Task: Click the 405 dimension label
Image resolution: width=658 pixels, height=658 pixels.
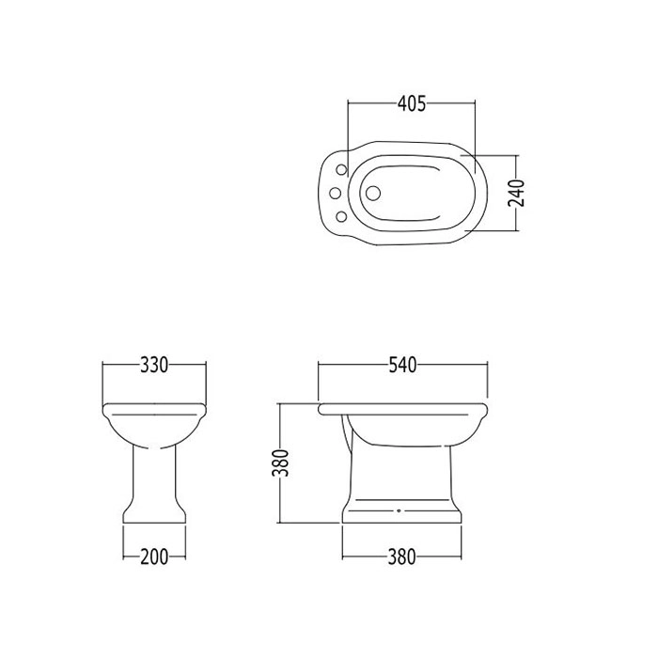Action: click(x=412, y=103)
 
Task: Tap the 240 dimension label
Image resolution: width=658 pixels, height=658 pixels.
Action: click(x=516, y=193)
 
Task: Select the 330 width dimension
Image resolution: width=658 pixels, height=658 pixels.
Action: click(x=154, y=365)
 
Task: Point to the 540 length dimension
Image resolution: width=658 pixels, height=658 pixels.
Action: click(x=402, y=365)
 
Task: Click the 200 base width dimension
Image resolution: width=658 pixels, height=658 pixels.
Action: click(x=154, y=556)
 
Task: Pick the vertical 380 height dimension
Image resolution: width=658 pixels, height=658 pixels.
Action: click(x=281, y=463)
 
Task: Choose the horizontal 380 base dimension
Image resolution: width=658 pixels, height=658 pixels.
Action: click(x=401, y=556)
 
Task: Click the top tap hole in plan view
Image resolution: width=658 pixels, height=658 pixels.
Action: click(x=342, y=169)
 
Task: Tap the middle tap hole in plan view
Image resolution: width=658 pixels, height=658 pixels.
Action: click(x=335, y=193)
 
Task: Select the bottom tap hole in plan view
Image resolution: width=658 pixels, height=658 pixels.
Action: click(x=342, y=216)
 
